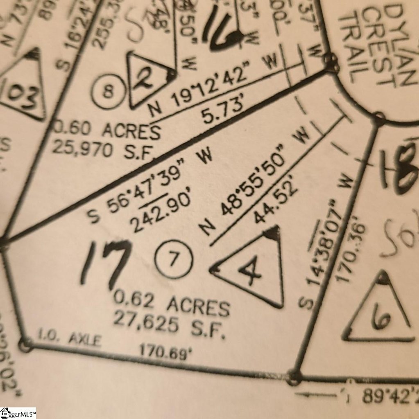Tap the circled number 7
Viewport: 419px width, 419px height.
click(x=174, y=259)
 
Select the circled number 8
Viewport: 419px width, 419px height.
click(x=107, y=92)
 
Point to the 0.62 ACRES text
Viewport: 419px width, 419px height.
click(x=171, y=303)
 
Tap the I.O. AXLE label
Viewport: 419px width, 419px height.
click(x=69, y=339)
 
